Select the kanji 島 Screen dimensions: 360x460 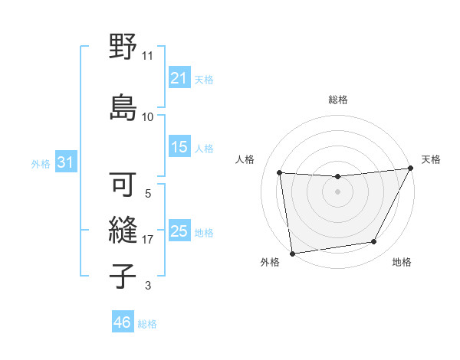coord(123,106)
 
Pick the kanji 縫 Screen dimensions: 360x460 coord(123,231)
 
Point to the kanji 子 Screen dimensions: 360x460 coord(123,275)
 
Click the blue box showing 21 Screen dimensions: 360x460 coord(179,78)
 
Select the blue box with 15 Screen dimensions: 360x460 coord(179,147)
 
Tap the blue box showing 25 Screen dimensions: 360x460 coord(179,231)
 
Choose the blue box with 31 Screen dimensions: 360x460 coord(65,163)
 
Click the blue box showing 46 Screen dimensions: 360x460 coord(123,322)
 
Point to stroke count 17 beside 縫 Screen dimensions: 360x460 coord(148,240)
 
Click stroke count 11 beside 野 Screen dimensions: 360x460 coord(147,56)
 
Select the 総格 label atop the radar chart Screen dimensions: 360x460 coord(337,100)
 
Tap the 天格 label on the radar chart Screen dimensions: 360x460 coord(431,159)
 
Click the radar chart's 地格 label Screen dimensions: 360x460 coord(402,262)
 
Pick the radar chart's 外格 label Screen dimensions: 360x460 coord(270,262)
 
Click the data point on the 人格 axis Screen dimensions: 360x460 coord(280,173)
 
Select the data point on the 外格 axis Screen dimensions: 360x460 coord(292,253)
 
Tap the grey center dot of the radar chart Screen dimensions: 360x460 coord(337,191)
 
